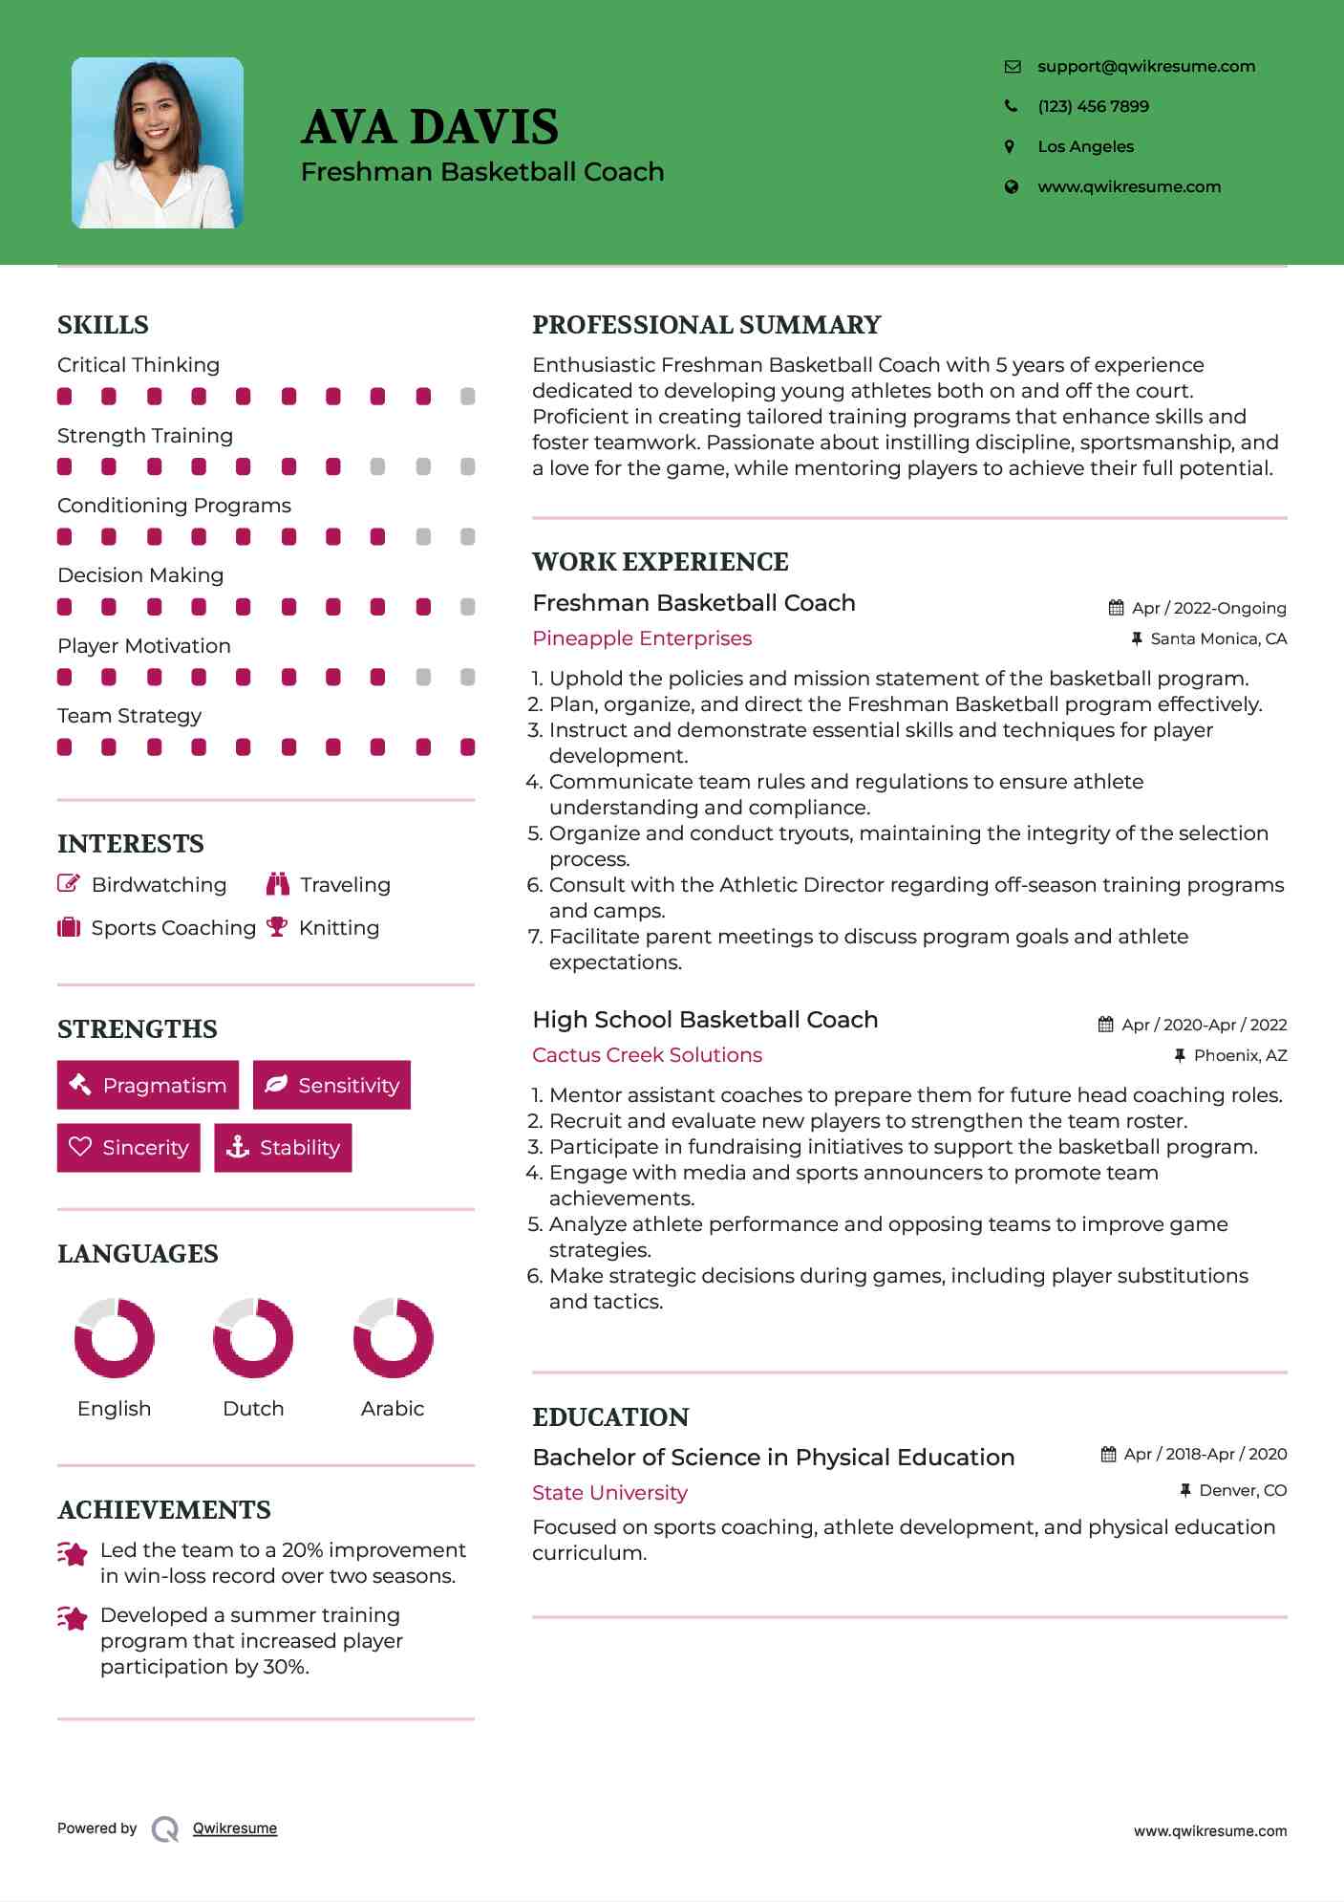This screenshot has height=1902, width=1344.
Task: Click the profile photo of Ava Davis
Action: pos(158,142)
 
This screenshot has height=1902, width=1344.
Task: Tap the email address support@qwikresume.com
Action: pos(1145,66)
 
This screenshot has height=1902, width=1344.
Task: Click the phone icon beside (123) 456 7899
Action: pos(1011,106)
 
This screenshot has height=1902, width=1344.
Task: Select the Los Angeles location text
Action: pos(1085,146)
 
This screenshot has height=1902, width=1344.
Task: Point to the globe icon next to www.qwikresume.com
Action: pos(1011,187)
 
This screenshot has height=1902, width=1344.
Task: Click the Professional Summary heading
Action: pos(706,325)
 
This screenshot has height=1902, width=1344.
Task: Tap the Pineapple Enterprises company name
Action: pos(642,638)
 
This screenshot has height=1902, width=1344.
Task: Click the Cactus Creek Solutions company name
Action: pos(647,1055)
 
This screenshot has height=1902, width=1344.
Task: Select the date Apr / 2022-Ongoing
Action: pos(1208,608)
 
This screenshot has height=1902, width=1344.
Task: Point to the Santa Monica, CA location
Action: pos(1218,638)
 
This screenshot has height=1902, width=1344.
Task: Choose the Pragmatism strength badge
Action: pos(148,1085)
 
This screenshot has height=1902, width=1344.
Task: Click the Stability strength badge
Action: pos(283,1147)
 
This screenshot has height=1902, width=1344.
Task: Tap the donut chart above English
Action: pos(115,1337)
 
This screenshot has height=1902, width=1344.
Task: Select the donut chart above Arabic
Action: pos(393,1337)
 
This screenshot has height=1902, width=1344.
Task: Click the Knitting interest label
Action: pos(339,928)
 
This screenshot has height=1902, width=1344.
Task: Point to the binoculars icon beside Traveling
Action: pos(278,884)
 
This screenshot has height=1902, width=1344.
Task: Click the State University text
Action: pos(609,1493)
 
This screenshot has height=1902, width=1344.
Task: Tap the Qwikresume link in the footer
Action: pos(235,1828)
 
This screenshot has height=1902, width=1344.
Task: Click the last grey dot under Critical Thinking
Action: pos(467,397)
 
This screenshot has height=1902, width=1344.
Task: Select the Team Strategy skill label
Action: pos(129,716)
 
